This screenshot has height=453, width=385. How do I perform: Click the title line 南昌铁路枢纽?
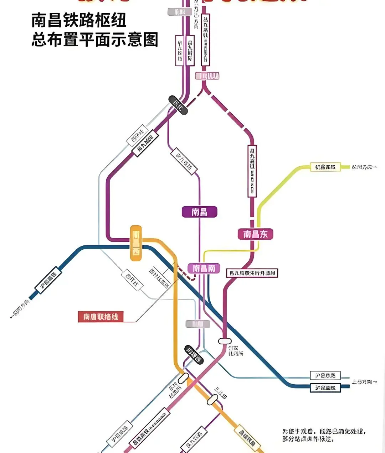tap(79, 20)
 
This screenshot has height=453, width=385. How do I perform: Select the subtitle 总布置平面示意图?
tap(95, 40)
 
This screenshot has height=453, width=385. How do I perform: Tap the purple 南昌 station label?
tap(199, 212)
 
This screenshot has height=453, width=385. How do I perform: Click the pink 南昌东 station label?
tap(255, 234)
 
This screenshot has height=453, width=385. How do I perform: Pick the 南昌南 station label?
tap(204, 268)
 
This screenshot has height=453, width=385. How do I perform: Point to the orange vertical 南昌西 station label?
tap(136, 243)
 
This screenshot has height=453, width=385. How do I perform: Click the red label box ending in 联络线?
tap(101, 317)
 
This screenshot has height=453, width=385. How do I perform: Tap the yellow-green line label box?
tap(325, 167)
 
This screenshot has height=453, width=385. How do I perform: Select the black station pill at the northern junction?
tap(178, 105)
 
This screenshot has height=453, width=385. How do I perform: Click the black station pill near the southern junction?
tap(194, 355)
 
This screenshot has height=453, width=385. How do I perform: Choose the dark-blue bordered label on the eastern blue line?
tap(325, 387)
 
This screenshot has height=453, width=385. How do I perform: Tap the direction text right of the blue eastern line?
tap(364, 382)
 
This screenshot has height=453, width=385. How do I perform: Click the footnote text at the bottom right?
tap(324, 435)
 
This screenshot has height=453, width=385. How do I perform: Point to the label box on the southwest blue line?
tap(48, 280)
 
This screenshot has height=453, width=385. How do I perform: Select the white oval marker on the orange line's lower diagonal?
tap(212, 400)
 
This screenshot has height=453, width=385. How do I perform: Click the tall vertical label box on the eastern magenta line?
tap(252, 171)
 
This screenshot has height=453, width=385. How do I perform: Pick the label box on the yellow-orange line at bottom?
tap(247, 438)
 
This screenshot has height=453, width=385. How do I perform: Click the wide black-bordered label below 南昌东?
tap(252, 273)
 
